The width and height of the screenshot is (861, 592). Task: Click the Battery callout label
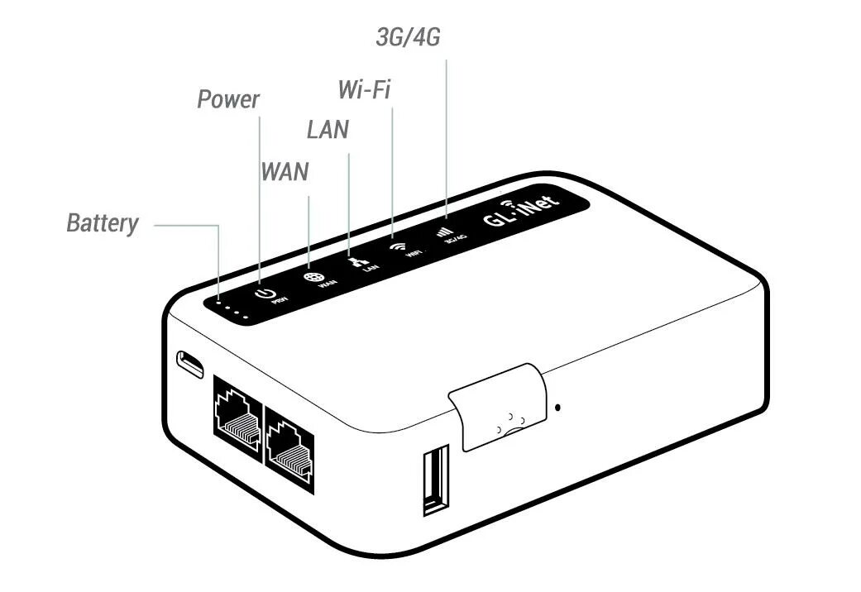tap(103, 223)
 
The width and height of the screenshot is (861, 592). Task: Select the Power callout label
tap(227, 100)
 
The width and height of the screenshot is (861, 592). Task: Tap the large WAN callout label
tap(285, 172)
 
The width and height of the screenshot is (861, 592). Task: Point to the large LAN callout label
tap(328, 130)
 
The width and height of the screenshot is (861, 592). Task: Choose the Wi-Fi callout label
tap(364, 88)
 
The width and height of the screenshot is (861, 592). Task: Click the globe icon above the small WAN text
tap(312, 279)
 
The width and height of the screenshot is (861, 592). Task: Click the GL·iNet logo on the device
tap(521, 211)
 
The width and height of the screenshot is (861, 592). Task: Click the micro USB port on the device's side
tap(190, 364)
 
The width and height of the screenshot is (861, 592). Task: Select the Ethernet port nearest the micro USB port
tap(237, 414)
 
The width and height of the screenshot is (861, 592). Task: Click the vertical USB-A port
tap(435, 480)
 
